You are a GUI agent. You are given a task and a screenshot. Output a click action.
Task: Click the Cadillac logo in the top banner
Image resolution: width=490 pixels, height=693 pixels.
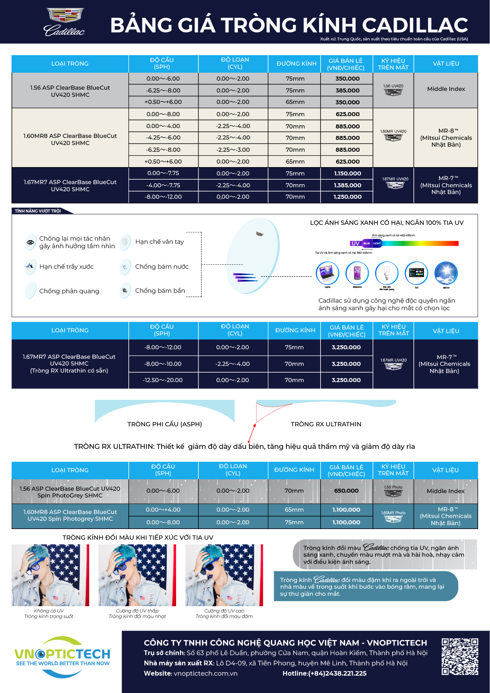coord(64,22)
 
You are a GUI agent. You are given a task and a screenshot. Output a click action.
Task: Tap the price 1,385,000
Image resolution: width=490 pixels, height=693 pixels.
coord(347,185)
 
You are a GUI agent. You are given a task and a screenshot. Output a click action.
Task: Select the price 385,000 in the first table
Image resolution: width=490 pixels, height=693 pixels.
coord(347,90)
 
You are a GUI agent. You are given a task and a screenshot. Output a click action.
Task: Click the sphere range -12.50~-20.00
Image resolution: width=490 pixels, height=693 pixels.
coord(163,380)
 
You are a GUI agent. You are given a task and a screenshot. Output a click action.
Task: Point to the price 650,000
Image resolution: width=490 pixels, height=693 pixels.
coord(346,491)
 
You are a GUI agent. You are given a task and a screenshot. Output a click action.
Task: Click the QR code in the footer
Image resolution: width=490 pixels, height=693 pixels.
coord(460,657)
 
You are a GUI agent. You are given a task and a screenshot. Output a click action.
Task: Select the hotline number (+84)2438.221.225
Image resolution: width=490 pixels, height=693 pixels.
coord(324,673)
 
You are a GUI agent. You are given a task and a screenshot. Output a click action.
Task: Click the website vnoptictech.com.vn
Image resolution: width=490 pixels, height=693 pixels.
coord(205,673)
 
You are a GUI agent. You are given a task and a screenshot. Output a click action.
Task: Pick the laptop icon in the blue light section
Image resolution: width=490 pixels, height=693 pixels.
coord(327,273)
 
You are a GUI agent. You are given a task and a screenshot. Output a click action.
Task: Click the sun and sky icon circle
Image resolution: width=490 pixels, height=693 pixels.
coord(446,273)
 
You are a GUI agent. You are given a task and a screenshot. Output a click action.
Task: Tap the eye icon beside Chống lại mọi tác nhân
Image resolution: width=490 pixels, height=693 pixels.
coord(30,242)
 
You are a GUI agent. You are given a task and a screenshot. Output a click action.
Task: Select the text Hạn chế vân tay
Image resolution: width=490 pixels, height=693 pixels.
coord(160,242)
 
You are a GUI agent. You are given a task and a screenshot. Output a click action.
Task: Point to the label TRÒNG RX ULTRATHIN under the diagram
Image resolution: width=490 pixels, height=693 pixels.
coord(326,424)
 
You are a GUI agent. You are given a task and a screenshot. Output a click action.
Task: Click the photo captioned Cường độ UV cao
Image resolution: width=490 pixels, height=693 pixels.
coord(224,575)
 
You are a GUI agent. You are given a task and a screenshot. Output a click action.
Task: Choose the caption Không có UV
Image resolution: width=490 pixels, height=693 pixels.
coord(49,611)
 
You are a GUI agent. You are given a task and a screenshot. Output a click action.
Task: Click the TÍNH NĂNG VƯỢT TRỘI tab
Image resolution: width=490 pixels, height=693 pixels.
coord(38,211)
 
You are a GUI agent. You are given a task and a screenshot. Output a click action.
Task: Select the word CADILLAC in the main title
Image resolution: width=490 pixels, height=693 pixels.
coord(415,25)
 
